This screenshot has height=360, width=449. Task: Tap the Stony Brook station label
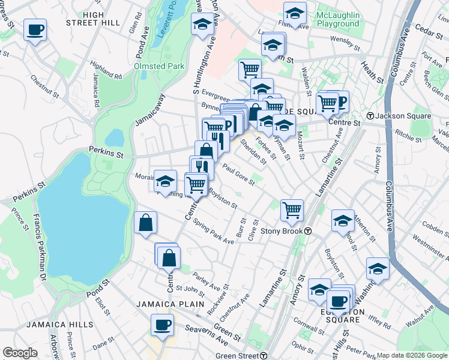285,231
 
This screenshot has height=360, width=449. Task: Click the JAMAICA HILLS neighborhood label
59,325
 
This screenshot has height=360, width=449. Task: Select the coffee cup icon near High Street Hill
35,29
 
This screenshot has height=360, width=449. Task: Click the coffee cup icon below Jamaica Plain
162,325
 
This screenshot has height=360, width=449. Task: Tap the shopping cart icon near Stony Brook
292,210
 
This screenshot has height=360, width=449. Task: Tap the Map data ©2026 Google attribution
412,355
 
